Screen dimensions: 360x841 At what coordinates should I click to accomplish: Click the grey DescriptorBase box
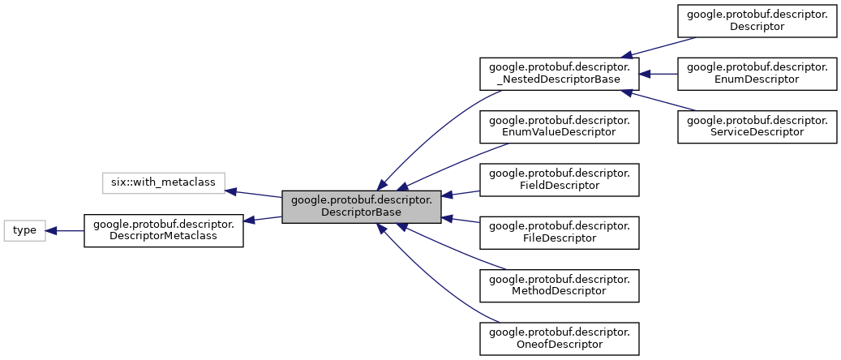(x=361, y=207)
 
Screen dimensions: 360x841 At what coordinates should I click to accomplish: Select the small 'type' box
(x=24, y=230)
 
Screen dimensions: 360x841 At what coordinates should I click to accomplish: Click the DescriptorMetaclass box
(x=164, y=230)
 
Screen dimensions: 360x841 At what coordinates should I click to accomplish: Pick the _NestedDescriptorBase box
(x=560, y=73)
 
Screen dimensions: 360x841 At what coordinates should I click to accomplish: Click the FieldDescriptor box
(x=560, y=179)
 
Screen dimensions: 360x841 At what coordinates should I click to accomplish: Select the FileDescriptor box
(x=560, y=231)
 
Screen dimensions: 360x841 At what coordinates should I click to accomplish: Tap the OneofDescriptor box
(x=560, y=337)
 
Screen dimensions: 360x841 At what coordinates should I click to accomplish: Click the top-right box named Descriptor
(x=757, y=19)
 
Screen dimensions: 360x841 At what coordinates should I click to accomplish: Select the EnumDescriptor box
(x=757, y=73)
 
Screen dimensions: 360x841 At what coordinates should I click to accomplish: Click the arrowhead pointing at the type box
(x=51, y=230)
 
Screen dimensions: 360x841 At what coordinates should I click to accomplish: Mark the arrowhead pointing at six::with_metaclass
(x=230, y=191)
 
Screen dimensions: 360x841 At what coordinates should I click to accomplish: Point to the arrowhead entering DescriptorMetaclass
(x=250, y=220)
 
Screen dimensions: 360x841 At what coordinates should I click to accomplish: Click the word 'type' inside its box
(x=24, y=230)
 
